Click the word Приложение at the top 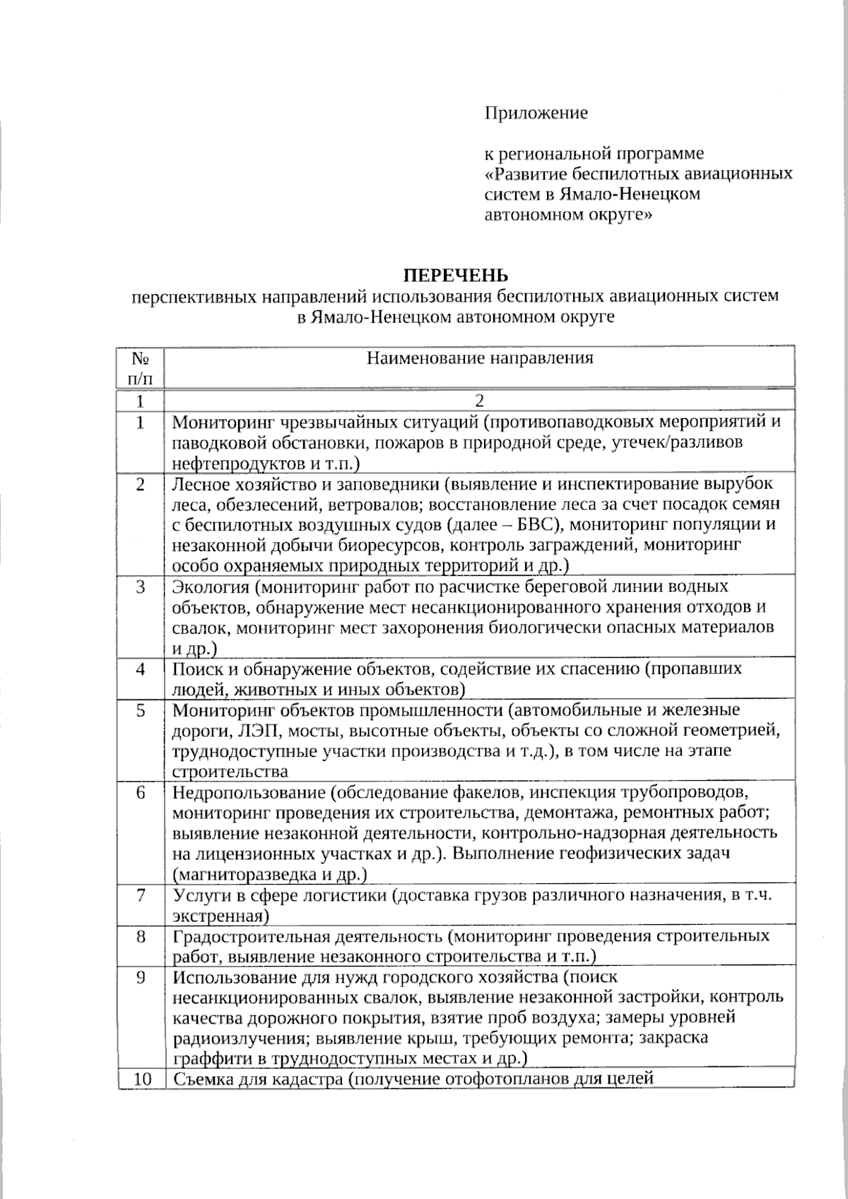[x=536, y=113]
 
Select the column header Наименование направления [x=480, y=358]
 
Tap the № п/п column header [x=140, y=368]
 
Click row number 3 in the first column [x=140, y=587]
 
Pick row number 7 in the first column [x=140, y=896]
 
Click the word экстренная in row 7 [x=219, y=916]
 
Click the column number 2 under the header [x=479, y=401]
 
